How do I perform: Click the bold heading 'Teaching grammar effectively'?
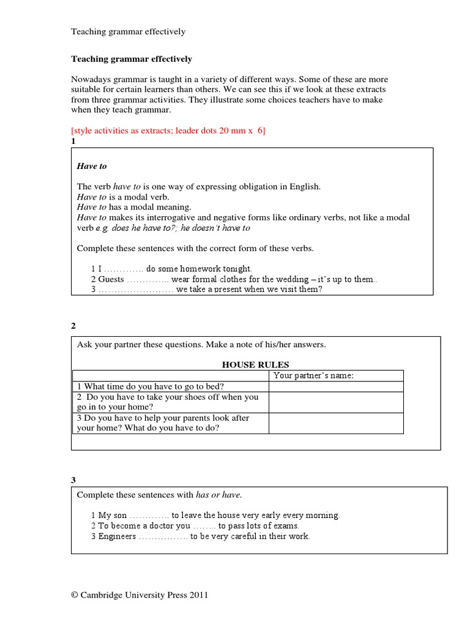point(132,59)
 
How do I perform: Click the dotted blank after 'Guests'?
point(146,279)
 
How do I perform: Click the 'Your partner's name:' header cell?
point(313,375)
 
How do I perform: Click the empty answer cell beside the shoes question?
point(335,402)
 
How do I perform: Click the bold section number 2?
point(73,326)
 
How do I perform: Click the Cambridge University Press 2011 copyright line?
point(140,595)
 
